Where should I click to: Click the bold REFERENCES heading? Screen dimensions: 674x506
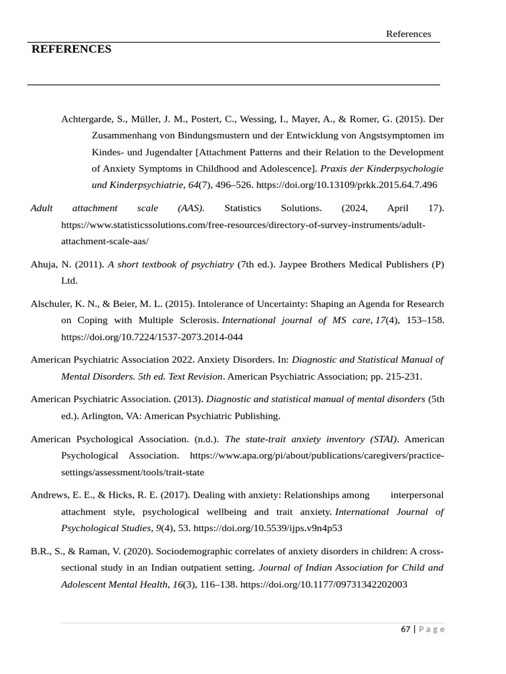[x=71, y=49]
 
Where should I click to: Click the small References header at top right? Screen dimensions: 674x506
[x=408, y=34]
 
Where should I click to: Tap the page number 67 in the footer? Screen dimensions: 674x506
[x=405, y=629]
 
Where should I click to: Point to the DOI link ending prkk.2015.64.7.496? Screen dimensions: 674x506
[x=346, y=185]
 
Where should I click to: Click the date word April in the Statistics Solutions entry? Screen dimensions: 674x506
[x=398, y=208]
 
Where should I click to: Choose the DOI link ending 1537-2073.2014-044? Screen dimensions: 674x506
[x=152, y=337]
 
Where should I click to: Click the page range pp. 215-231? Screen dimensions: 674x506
[x=391, y=376]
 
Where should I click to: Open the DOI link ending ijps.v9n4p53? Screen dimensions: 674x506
[x=267, y=528]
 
